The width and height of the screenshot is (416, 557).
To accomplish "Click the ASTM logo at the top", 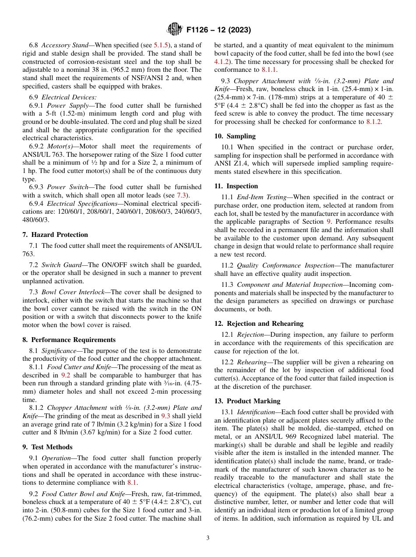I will point(174,30).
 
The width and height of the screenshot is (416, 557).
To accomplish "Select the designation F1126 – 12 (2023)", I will point(218,30).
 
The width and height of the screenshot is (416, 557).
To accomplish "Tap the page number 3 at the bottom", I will point(208,538).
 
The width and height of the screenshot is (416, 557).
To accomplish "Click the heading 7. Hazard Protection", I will point(55,235).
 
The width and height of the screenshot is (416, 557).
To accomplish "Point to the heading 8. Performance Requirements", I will point(69,340).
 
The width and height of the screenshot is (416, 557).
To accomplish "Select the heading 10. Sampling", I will point(235,136).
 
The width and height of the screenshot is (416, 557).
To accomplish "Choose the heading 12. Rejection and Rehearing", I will point(259,324).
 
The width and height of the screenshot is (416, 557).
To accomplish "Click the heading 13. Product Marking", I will point(247,401).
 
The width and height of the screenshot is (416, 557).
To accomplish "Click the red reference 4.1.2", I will point(222,61).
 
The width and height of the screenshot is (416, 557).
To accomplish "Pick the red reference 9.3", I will point(166,416).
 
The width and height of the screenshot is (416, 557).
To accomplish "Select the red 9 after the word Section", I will point(329,222).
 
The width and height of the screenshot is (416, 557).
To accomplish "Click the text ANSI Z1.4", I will point(230,164).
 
